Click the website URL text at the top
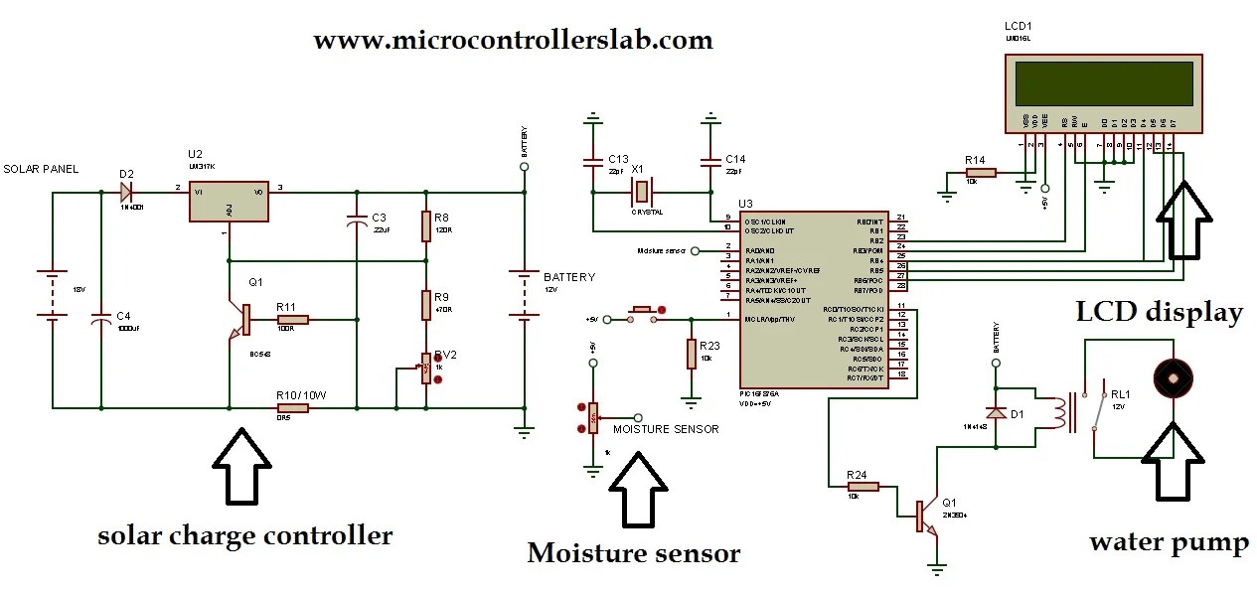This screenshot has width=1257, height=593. pos(513,40)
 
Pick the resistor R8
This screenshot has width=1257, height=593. pos(426,224)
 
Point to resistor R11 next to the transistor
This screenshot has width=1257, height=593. pos(291,320)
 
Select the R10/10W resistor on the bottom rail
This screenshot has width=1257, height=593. pos(292,407)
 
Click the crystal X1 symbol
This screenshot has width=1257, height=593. pos(642,190)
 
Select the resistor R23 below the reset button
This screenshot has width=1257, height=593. pos(691,354)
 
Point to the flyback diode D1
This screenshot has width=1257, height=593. pos(994,411)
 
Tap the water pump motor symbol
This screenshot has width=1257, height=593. pos(1171,377)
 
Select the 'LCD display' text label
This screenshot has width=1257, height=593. pos(1159,313)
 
